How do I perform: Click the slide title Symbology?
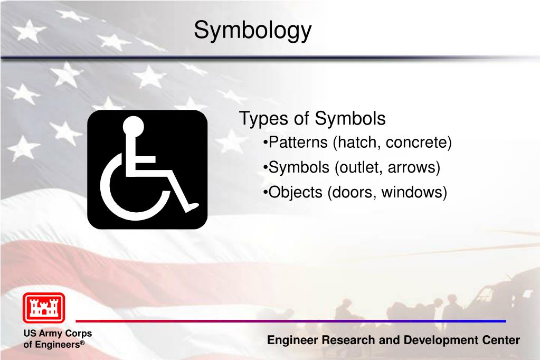point(252,30)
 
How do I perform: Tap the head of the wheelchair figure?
point(133,126)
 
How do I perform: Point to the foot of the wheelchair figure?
point(192,207)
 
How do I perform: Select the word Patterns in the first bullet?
point(298,143)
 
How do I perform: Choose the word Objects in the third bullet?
point(295,192)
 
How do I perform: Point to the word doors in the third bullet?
point(353,192)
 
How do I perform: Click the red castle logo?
point(44,308)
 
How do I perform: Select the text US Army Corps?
point(58,334)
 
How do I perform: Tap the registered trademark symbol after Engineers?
point(82,343)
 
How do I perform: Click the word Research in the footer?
point(348,340)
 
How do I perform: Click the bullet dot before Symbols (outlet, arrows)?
point(265,167)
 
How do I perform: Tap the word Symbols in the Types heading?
point(350,119)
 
